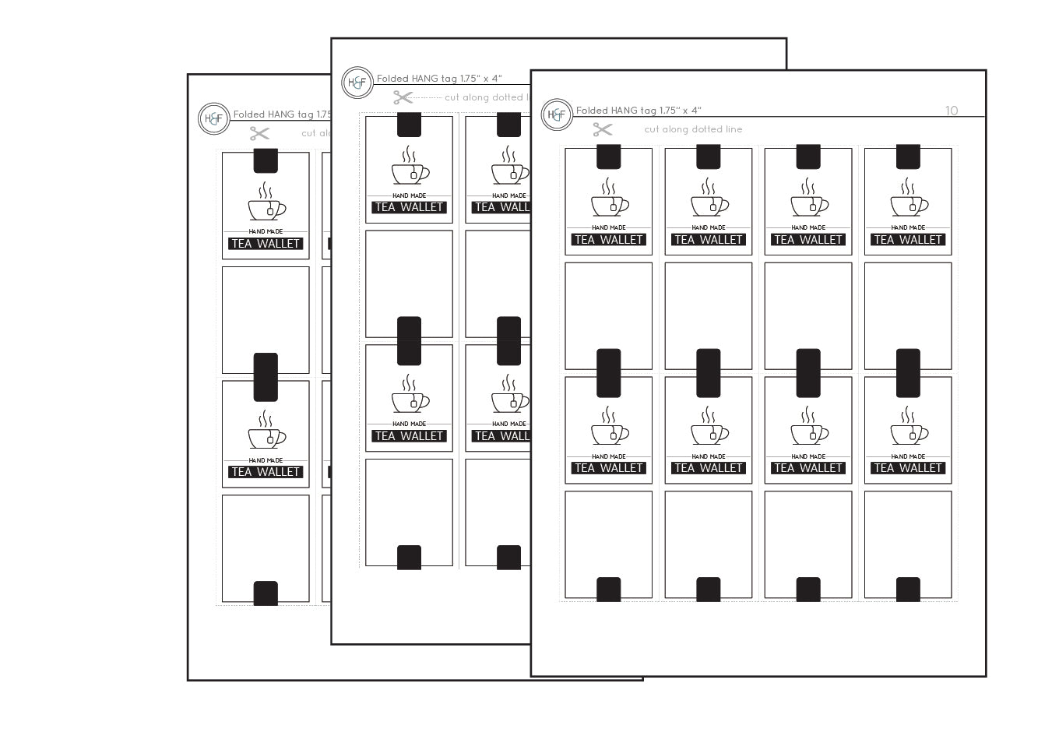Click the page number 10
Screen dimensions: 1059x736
(952, 111)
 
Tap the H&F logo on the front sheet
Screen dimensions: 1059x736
(557, 114)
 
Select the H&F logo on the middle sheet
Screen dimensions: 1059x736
(357, 83)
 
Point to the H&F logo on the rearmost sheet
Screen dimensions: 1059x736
(213, 118)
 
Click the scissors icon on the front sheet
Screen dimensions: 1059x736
(603, 129)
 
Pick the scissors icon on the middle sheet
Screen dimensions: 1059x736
(403, 97)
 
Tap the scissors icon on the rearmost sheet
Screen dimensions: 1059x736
(259, 133)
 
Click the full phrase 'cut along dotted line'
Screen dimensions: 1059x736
(693, 129)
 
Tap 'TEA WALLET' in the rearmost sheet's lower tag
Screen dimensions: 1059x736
(266, 472)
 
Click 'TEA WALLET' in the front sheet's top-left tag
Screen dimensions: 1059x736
(608, 240)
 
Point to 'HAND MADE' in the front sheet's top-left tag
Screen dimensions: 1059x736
(609, 227)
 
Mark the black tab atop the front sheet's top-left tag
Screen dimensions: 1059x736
(608, 157)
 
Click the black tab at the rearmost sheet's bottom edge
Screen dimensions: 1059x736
(266, 593)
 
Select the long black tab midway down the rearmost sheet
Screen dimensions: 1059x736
(266, 377)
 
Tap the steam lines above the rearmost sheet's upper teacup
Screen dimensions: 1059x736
(266, 191)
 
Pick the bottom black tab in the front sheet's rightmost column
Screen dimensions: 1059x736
(908, 590)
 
